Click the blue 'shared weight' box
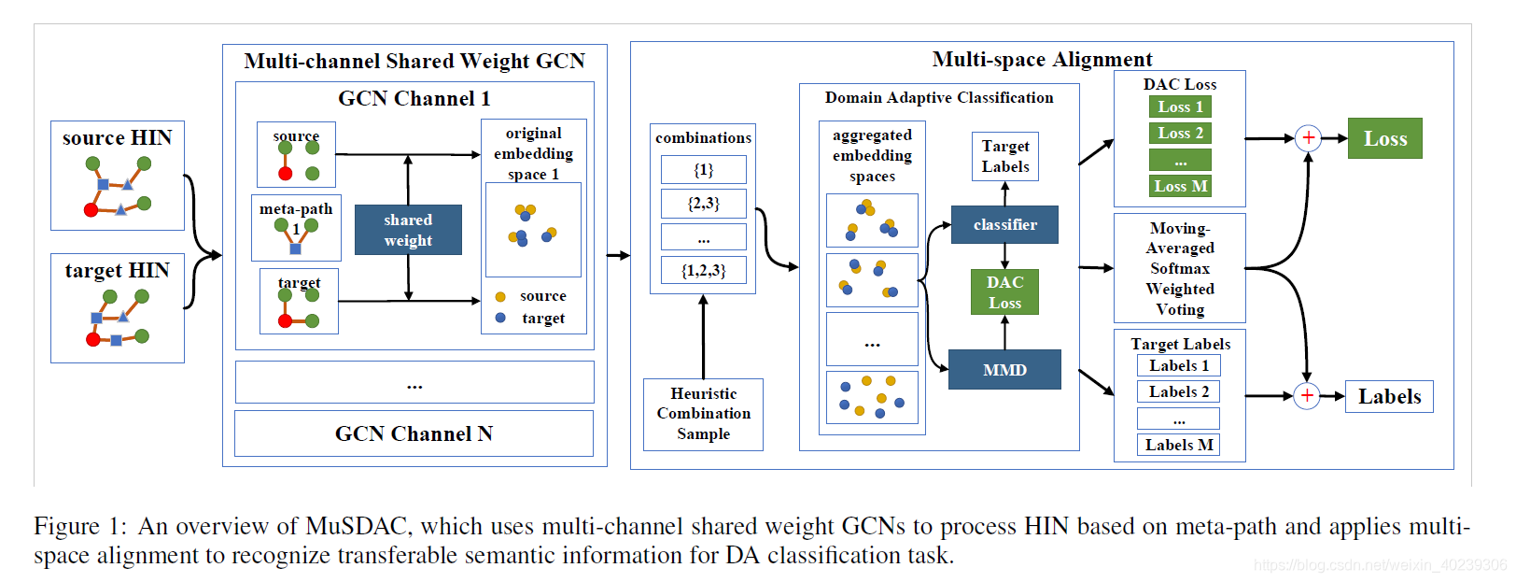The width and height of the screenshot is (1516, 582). click(x=408, y=230)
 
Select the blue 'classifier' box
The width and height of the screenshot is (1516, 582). click(x=1004, y=224)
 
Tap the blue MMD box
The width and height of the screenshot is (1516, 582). click(x=1004, y=369)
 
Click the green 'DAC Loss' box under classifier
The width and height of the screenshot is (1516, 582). click(x=1004, y=292)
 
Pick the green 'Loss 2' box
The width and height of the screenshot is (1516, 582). click(x=1180, y=133)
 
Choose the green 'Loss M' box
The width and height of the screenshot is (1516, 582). click(x=1180, y=186)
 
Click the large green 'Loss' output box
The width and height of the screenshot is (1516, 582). click(x=1384, y=138)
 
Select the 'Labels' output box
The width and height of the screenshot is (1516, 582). click(x=1389, y=396)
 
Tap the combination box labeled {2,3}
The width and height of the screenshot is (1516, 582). click(x=704, y=204)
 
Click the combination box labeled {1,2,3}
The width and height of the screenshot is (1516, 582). click(x=704, y=270)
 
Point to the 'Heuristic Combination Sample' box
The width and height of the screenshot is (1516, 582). click(x=703, y=414)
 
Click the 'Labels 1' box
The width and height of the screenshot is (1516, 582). click(x=1178, y=365)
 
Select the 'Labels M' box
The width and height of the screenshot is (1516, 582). click(x=1178, y=445)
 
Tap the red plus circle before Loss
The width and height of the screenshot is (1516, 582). click(x=1308, y=138)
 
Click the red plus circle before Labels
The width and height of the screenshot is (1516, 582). click(x=1307, y=396)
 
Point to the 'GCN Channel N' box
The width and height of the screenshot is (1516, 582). click(x=414, y=433)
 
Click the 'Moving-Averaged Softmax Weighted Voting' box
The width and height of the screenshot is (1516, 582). click(x=1180, y=268)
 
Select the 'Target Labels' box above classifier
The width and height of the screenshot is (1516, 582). click(x=1005, y=157)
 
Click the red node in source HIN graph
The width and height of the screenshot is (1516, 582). click(x=91, y=210)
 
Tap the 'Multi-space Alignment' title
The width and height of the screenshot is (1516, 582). click(x=1042, y=59)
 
